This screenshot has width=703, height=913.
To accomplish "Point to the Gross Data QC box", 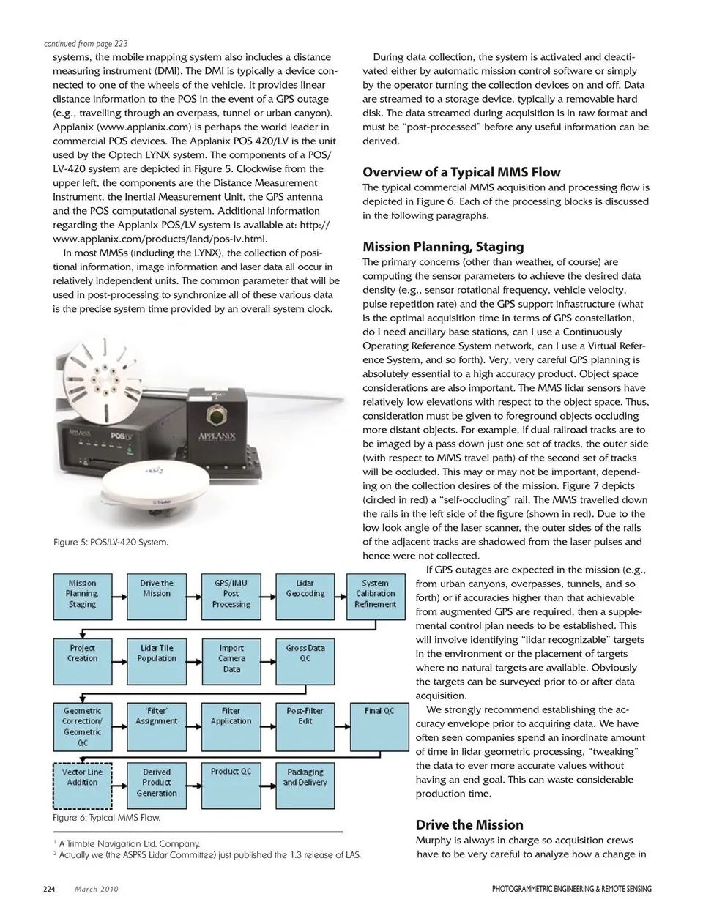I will (x=305, y=658).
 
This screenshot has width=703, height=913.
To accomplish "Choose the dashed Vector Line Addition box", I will (x=83, y=783).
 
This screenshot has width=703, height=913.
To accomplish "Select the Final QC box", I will (x=379, y=726).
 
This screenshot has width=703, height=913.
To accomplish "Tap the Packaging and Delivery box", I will (x=305, y=783).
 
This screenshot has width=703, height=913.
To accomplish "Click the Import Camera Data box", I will (x=231, y=658).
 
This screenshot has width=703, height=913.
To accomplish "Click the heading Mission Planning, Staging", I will (x=443, y=247).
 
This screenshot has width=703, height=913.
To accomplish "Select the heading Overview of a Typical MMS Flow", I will (x=461, y=173).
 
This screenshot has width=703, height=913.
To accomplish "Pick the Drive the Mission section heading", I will (x=469, y=824).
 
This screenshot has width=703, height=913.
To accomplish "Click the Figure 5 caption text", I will (x=111, y=543).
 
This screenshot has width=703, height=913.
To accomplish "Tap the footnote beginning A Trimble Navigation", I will (x=129, y=843).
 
